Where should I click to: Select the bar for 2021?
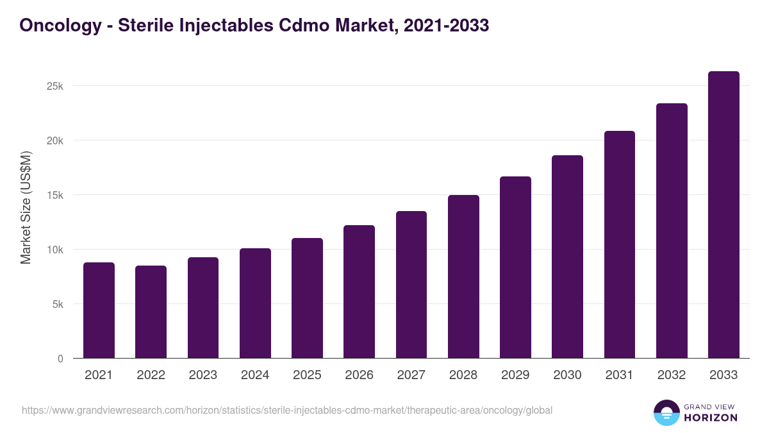[99, 310]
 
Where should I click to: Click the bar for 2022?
[151, 312]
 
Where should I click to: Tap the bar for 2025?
[307, 298]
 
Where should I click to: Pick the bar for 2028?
[463, 276]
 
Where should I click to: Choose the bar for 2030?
[567, 257]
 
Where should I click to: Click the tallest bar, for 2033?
[724, 215]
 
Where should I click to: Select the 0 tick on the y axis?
[60, 359]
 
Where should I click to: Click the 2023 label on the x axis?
[203, 375]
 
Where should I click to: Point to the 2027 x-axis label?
[411, 375]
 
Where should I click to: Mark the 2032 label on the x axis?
[672, 375]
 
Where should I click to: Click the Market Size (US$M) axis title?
[26, 207]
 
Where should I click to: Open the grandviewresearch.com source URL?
[286, 410]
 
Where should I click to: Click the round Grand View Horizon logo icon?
[666, 412]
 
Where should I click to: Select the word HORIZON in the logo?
[710, 418]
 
